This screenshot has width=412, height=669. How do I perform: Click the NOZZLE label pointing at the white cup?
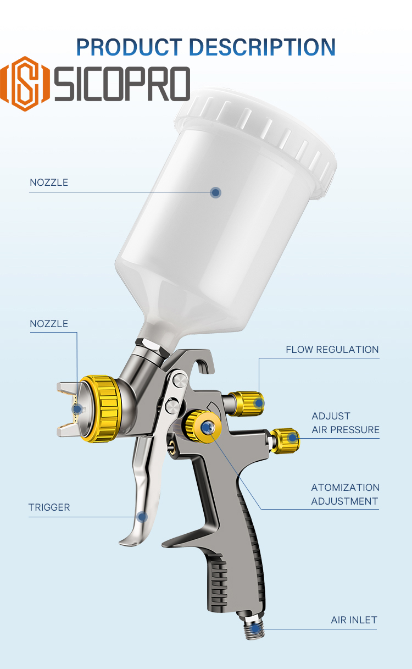[x=49, y=183]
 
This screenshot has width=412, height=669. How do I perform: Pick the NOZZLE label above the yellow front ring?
[x=49, y=324]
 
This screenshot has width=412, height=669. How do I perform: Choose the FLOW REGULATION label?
[x=332, y=350]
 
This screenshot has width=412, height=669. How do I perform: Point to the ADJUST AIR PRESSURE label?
[x=345, y=423]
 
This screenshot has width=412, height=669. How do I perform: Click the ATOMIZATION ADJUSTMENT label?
[x=345, y=494]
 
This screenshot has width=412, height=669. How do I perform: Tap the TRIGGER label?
[x=49, y=507]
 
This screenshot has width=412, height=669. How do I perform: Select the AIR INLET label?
[x=354, y=620]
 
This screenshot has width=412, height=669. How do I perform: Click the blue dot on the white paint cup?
[x=216, y=192]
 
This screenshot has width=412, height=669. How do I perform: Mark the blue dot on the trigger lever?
[x=142, y=517]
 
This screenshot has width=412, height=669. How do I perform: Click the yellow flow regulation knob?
[x=247, y=403]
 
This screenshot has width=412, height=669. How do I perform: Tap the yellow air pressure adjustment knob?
[x=286, y=439]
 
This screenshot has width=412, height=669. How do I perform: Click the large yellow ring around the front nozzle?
[x=99, y=408]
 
